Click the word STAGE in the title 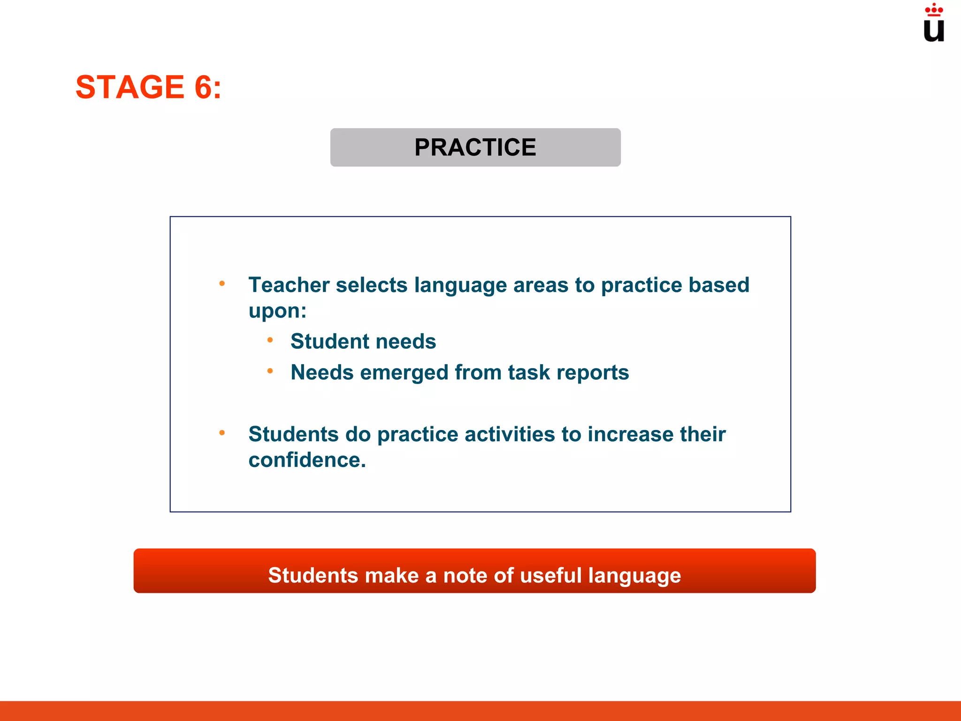click(130, 87)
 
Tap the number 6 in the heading click(204, 87)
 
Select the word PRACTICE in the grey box click(475, 147)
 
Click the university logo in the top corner click(933, 23)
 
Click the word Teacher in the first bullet click(289, 285)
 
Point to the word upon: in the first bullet click(277, 311)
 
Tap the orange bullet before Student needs click(270, 340)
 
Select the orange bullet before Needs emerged click(270, 371)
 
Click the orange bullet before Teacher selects click(222, 284)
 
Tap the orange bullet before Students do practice click(222, 433)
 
